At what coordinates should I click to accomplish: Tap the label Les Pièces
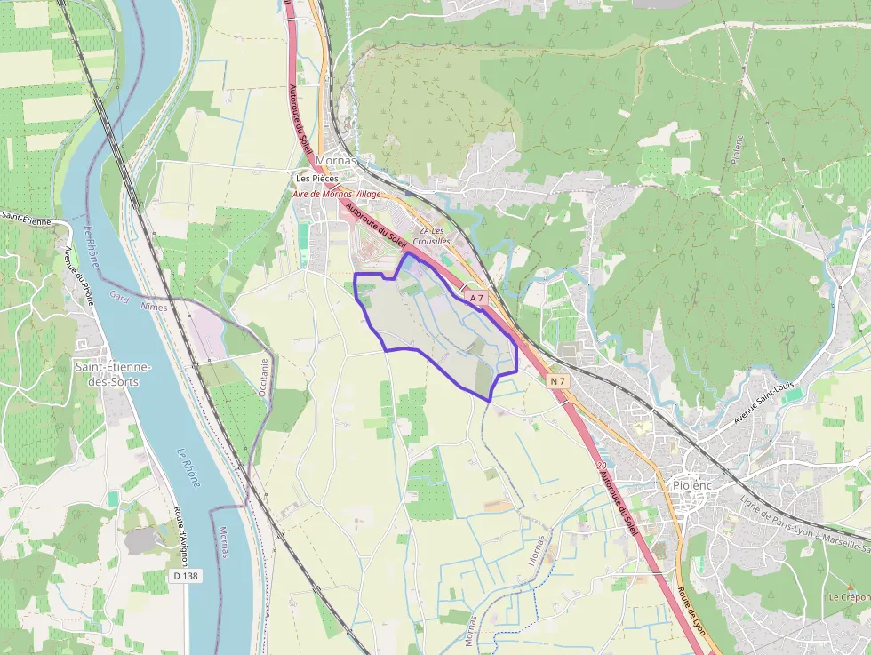click(x=317, y=179)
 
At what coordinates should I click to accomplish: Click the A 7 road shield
click(x=477, y=298)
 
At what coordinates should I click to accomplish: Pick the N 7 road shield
click(x=557, y=381)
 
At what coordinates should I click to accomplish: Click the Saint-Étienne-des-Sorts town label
click(x=113, y=374)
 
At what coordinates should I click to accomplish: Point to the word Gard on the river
click(x=118, y=294)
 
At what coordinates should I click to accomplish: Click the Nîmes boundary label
click(x=154, y=306)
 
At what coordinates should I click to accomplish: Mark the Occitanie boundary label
click(x=263, y=377)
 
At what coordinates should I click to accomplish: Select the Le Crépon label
click(x=849, y=597)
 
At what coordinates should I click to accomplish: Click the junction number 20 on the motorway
click(x=602, y=465)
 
